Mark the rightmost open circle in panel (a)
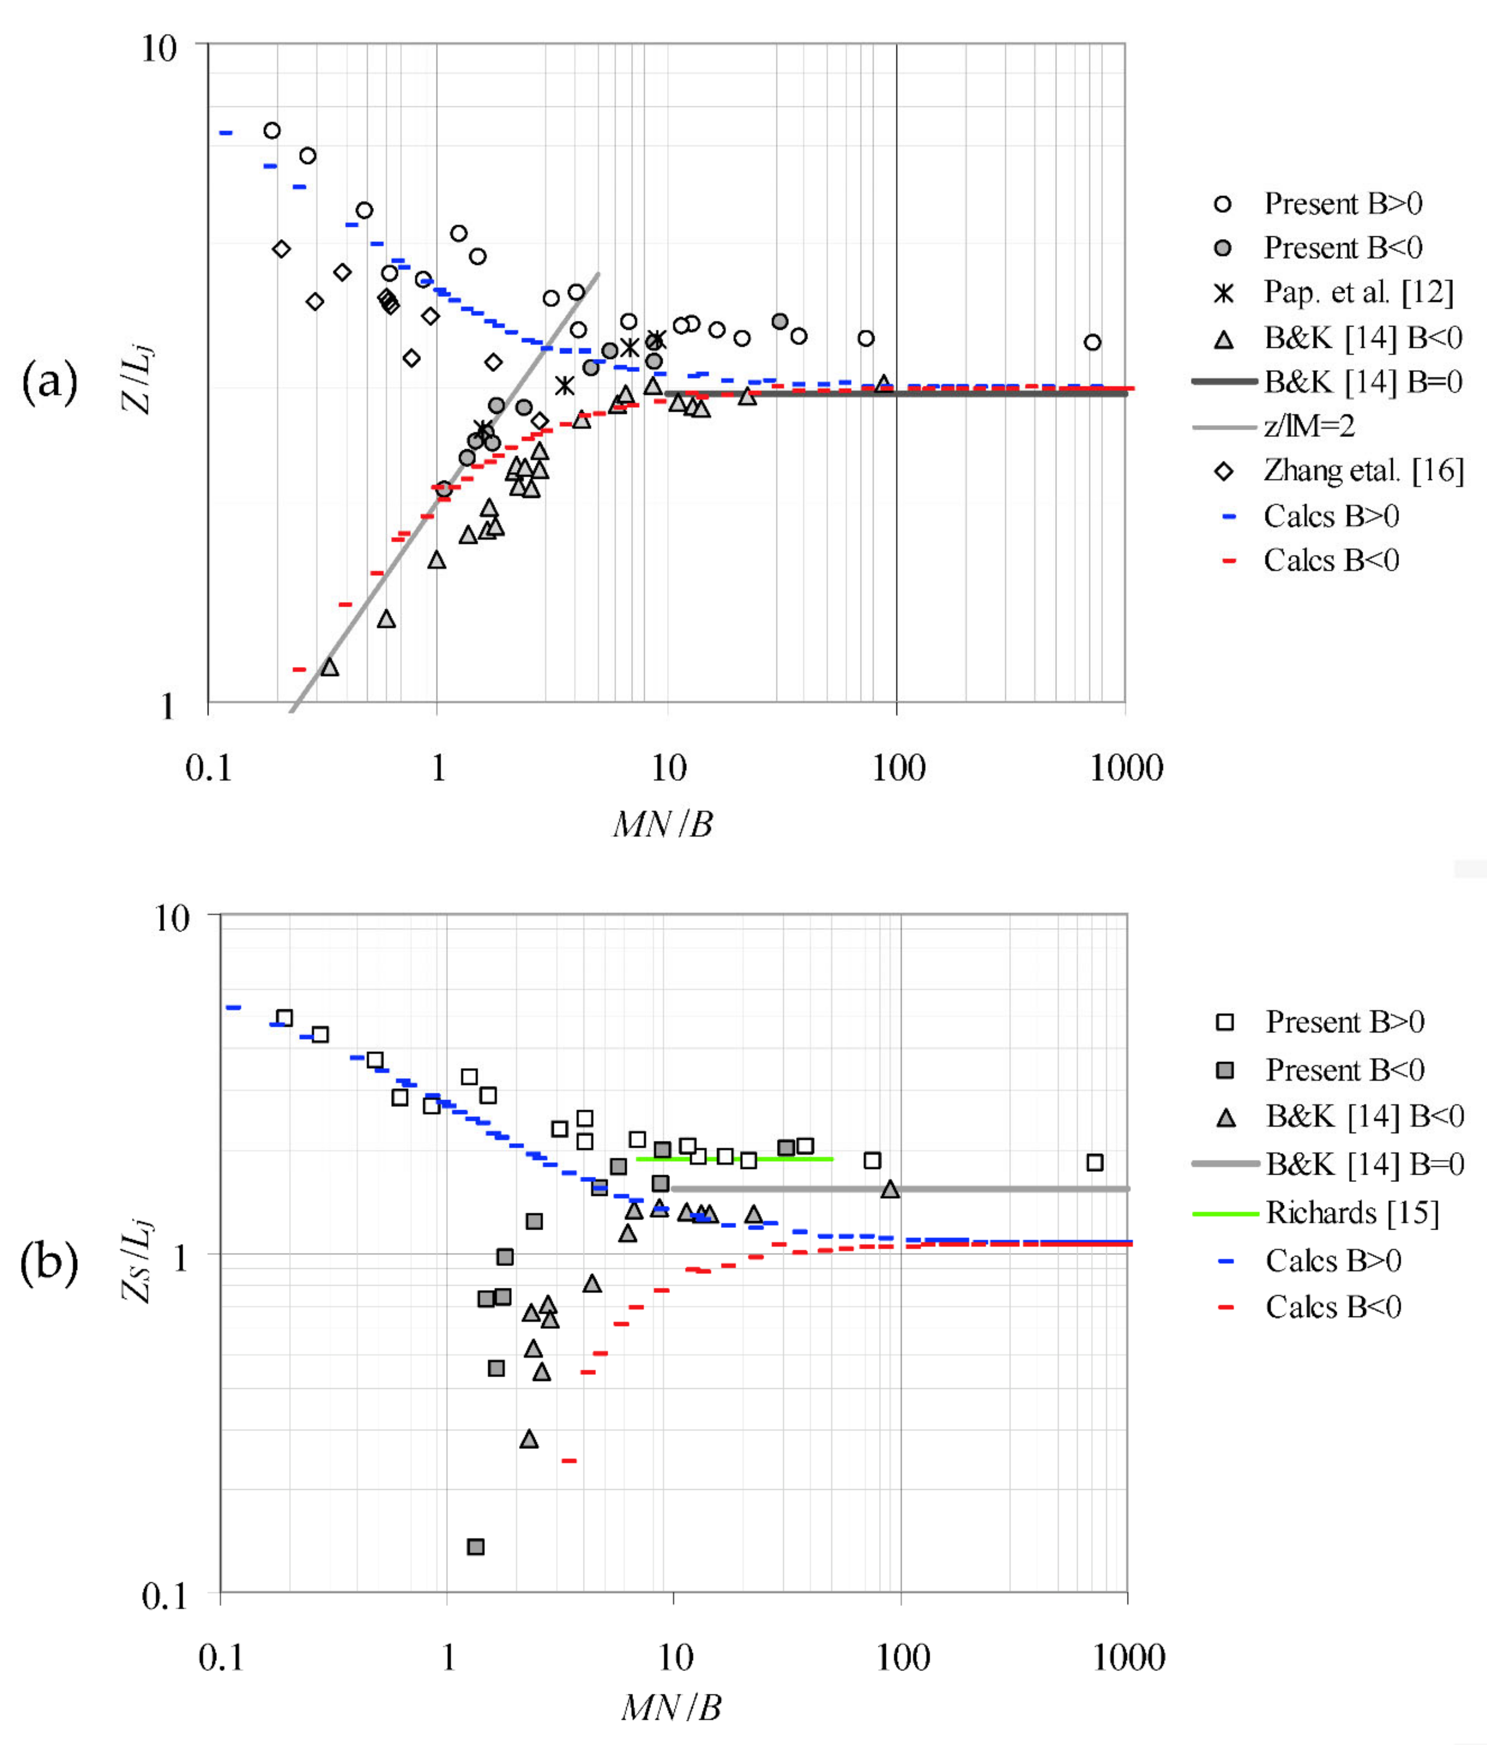click(1092, 342)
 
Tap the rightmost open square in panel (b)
click(1094, 1162)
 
